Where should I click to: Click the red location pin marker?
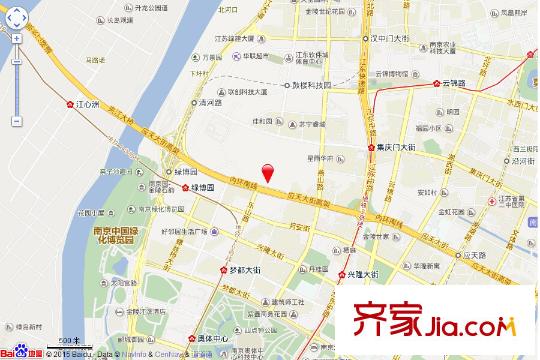[267, 172]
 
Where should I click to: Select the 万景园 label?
[209, 57]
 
